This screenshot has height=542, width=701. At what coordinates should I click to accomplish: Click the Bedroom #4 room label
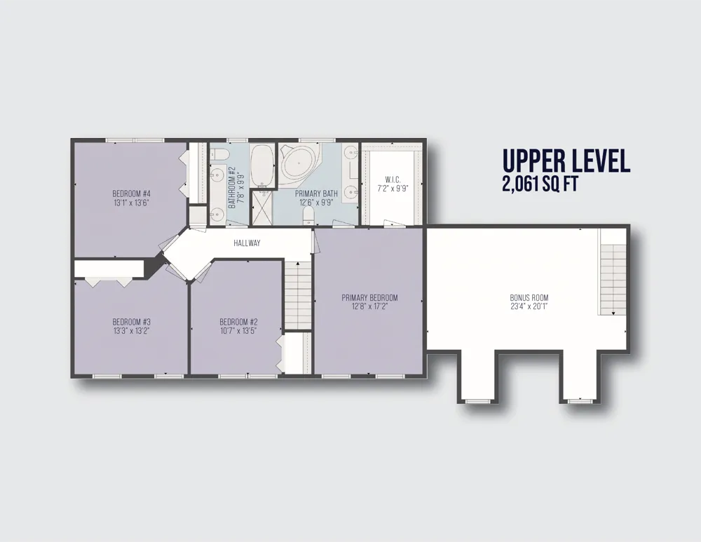[x=132, y=194]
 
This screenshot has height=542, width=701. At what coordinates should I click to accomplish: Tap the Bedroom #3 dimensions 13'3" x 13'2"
[x=132, y=331]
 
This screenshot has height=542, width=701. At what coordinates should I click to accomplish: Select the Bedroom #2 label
[x=239, y=322]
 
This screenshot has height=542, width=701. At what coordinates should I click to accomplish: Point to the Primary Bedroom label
[x=369, y=298]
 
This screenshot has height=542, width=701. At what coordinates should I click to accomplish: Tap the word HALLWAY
[x=247, y=243]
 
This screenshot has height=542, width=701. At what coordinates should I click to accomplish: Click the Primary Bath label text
[x=317, y=194]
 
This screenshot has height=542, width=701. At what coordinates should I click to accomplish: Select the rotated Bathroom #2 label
[x=232, y=188]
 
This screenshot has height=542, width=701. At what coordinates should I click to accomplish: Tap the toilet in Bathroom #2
[x=220, y=154]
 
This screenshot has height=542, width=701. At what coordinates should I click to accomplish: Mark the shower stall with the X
[x=261, y=208]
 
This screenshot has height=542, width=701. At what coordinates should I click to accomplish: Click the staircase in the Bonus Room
[x=613, y=280]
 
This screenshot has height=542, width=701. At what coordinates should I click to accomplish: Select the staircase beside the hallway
[x=298, y=296]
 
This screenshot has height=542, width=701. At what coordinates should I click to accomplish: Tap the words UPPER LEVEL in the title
[x=566, y=161]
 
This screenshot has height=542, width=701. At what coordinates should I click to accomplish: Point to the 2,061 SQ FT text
[x=540, y=184]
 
